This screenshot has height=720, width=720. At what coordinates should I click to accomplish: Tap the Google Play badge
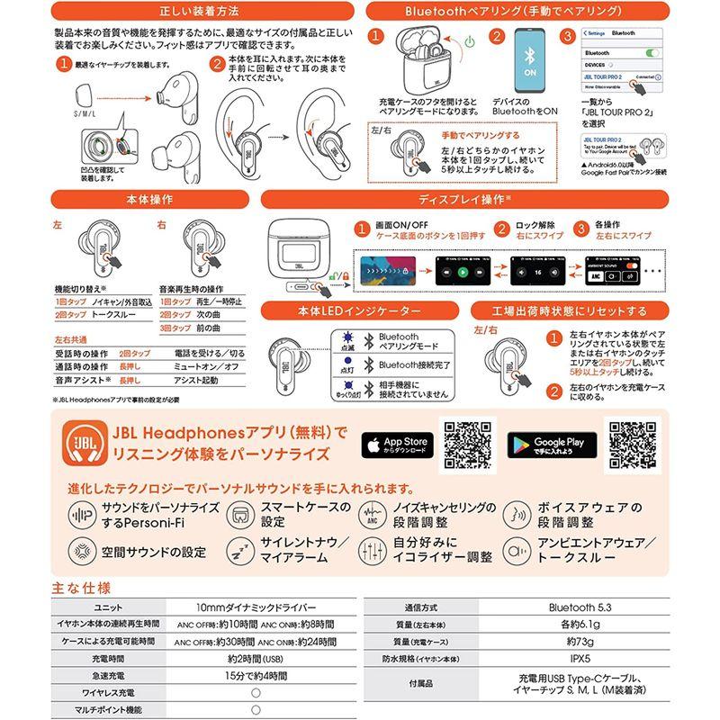[548, 444]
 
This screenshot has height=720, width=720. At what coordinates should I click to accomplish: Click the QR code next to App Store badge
[471, 445]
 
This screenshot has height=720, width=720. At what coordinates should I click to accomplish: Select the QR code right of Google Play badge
[635, 445]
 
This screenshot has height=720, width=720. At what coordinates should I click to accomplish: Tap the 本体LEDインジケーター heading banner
[364, 311]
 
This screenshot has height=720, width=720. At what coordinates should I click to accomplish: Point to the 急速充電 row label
[107, 676]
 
